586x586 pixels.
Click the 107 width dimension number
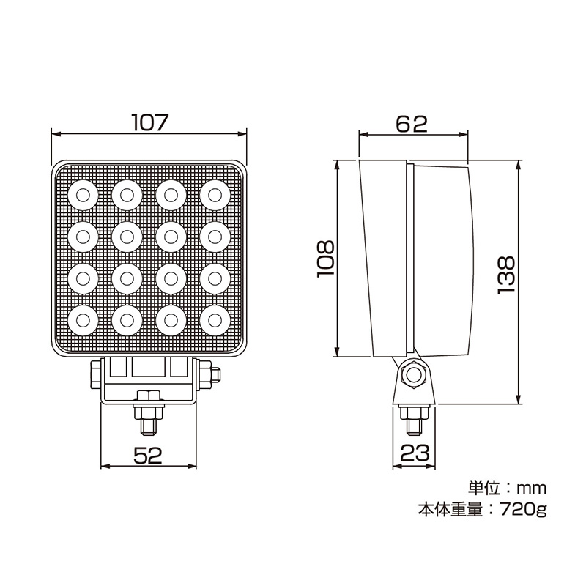(150, 122)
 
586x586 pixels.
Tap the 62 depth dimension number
(412, 124)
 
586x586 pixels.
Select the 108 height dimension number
(325, 259)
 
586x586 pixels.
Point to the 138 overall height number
(506, 275)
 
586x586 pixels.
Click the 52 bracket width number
(148, 455)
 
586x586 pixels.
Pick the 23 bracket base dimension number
(415, 453)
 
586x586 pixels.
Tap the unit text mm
(532, 489)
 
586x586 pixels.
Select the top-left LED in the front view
(83, 195)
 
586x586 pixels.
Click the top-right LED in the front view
(215, 195)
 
